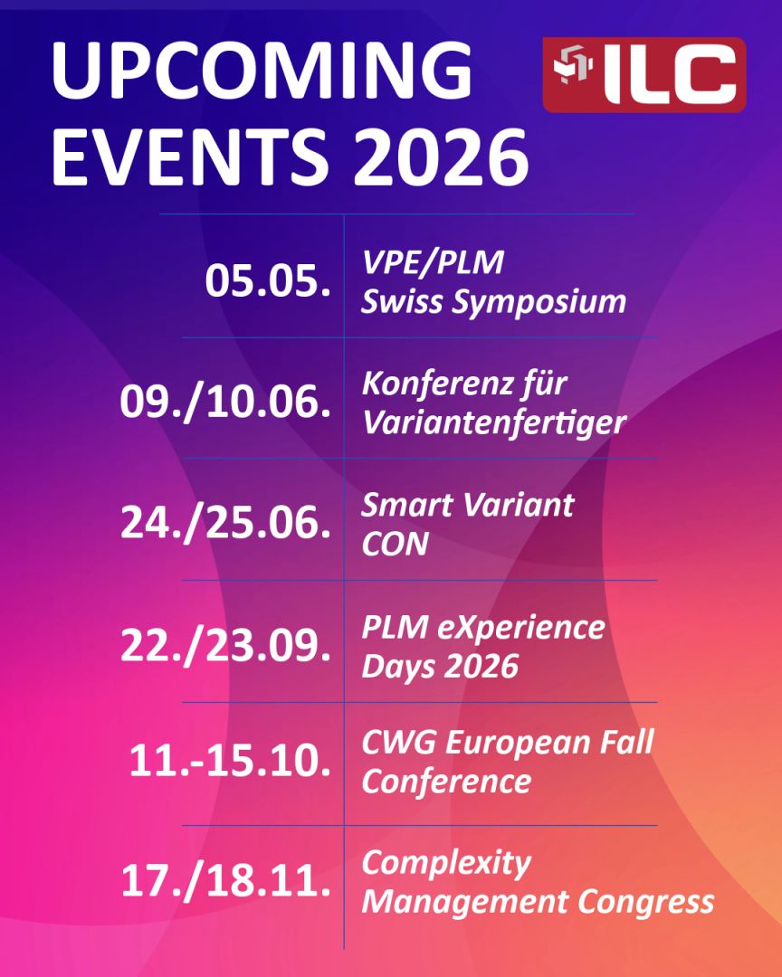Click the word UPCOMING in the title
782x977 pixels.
(262, 71)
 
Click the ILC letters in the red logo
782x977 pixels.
(671, 75)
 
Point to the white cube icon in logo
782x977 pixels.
(572, 71)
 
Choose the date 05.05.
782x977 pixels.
(267, 281)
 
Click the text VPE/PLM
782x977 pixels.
(432, 264)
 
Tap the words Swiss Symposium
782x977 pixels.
(493, 302)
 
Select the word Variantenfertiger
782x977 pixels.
(493, 422)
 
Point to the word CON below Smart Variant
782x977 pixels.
(395, 545)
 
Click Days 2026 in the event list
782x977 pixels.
(440, 667)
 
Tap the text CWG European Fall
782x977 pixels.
(507, 744)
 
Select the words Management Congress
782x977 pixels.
(538, 901)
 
